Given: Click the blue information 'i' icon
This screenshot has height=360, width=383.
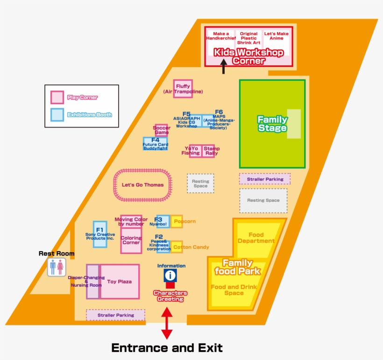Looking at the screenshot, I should pos(170,275).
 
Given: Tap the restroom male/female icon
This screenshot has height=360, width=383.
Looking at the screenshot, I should pos(56,267).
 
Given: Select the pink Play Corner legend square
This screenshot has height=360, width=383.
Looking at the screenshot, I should pos(57,97).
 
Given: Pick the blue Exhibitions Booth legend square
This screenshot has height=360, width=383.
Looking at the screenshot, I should pos(57,114).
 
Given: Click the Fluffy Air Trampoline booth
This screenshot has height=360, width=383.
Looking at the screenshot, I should pos(183,89).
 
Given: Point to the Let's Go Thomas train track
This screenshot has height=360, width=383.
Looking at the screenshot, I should pos(143,185).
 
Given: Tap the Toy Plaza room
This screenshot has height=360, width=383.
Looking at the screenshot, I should pos(120,282).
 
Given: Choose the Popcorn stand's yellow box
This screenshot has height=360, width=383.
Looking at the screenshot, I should pos(177,221).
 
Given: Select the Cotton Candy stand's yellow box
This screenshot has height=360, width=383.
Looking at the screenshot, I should pos(177,247).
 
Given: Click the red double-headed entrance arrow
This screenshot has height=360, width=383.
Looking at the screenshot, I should pos(167,323).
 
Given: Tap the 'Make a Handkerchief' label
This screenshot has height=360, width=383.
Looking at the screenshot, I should pos(221,36).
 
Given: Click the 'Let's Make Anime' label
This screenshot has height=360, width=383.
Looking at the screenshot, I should pos(276,36).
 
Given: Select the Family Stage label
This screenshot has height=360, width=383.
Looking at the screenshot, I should pos(272,124).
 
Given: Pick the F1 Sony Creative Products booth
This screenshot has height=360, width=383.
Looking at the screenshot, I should pos(100,234).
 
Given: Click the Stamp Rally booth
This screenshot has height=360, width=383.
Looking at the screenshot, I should pos(209,151).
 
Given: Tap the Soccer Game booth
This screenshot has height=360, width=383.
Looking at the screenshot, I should pos(161,130).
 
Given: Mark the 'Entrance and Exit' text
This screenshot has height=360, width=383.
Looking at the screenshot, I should pos(167,348).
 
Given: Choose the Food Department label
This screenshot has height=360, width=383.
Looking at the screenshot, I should pos(256,238).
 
